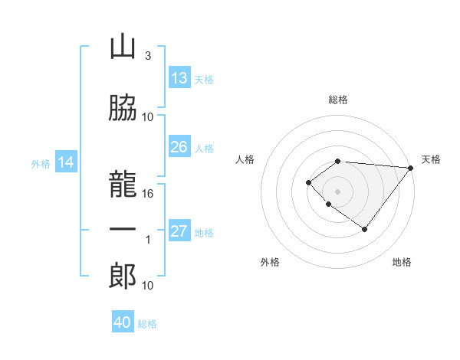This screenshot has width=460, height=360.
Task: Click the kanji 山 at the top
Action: point(123,47)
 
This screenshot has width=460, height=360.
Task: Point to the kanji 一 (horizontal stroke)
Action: point(123,229)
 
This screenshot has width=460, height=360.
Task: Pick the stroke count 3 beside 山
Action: point(147,56)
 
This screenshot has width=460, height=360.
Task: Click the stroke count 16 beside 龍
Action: point(149,194)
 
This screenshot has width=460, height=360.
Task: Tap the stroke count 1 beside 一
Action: point(149,240)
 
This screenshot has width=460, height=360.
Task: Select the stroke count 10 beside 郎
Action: point(149,286)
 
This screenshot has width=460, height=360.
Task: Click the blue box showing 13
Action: point(179,78)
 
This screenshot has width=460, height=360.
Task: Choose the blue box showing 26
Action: point(179,147)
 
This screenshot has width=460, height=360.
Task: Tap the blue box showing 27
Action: point(179,231)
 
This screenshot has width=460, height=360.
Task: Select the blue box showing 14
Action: point(66,162)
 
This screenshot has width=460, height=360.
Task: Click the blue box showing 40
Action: point(123,322)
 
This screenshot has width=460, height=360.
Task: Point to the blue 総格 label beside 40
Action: point(147,324)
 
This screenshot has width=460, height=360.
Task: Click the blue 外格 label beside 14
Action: point(41,163)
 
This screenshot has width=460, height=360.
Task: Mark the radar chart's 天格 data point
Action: point(412,168)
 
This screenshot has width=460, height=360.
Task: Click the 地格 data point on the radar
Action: point(365,229)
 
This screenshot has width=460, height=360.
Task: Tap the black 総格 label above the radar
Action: point(338,100)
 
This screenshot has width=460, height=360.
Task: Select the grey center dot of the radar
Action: point(338,191)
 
